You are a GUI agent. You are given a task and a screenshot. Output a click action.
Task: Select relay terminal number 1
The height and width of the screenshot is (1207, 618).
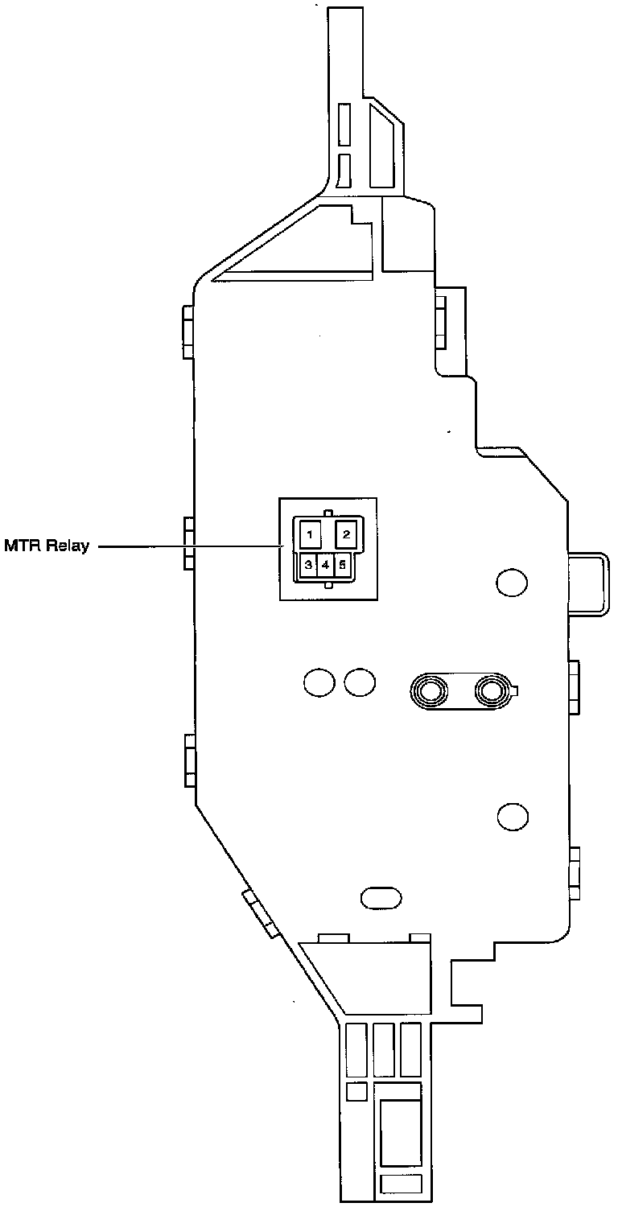coord(309,533)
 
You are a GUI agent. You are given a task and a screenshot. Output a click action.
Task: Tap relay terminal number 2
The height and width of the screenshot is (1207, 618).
coord(345,533)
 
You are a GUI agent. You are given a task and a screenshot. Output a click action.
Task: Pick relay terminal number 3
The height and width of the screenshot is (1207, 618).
coord(307,565)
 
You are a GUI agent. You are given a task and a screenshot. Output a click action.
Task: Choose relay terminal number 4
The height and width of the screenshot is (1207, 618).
coord(325,565)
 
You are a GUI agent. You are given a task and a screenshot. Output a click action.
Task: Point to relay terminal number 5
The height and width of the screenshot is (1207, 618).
coord(343,565)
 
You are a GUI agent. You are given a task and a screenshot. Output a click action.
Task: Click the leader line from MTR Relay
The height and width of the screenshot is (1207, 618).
coord(189,547)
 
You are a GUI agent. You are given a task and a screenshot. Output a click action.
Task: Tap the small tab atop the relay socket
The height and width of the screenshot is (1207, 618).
coord(327,512)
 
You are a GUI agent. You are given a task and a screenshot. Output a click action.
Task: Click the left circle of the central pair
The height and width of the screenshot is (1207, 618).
coord(319,682)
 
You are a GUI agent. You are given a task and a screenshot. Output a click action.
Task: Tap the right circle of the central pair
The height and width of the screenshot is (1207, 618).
coord(359,682)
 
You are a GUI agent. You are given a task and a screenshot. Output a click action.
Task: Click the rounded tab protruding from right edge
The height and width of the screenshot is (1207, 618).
coord(587,583)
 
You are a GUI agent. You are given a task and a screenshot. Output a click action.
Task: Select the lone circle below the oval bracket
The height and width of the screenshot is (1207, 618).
coord(512,817)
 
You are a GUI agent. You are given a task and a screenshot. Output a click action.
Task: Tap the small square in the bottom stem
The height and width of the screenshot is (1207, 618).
coord(356,1092)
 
